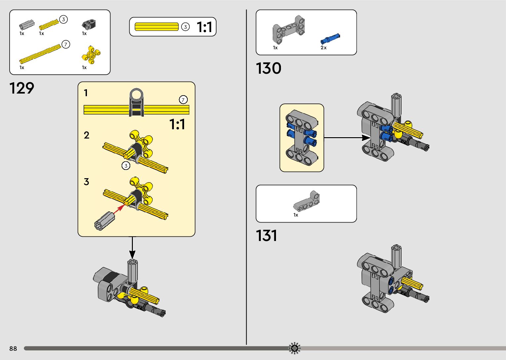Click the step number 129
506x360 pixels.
[22, 88]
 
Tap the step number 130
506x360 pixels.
[268, 68]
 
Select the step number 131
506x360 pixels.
[266, 236]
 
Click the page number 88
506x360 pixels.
[13, 348]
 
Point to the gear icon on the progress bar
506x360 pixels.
[294, 348]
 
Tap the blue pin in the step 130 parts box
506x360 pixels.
[330, 39]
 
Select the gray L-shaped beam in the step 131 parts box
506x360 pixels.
[306, 201]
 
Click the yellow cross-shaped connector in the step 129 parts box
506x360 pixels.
[91, 55]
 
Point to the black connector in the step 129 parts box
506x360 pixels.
[89, 24]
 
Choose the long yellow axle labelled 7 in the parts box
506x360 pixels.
[40, 54]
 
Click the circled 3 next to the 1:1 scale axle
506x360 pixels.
[185, 27]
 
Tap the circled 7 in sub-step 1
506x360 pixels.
[183, 100]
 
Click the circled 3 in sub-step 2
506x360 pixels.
[126, 166]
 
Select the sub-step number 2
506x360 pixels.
[87, 135]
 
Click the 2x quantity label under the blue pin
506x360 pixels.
[324, 48]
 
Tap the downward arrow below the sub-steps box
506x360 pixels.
[132, 248]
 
